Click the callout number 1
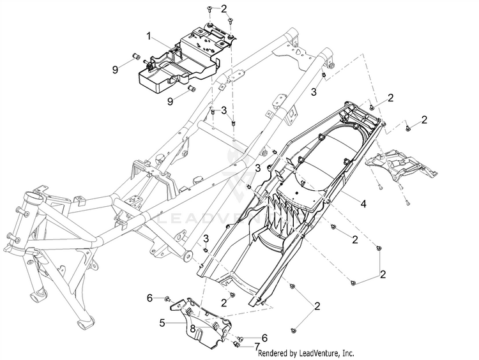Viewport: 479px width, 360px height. pos(149,36)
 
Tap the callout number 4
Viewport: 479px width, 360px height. pos(363,204)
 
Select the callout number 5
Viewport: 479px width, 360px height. pos(162,322)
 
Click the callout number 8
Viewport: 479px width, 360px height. pos(192,329)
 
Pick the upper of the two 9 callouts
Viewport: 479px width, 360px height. pos(115,70)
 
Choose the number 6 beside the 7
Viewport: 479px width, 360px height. pos(264,338)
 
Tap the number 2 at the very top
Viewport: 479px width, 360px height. pos(224,9)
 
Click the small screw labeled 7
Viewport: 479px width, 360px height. pos(236,345)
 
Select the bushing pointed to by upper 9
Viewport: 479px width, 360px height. pos(135,56)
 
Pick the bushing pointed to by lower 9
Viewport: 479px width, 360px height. pos(192,89)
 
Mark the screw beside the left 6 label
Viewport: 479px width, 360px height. pos(168,298)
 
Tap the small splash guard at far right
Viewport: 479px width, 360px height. pos(402,167)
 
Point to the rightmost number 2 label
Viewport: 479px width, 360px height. pos(423,120)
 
